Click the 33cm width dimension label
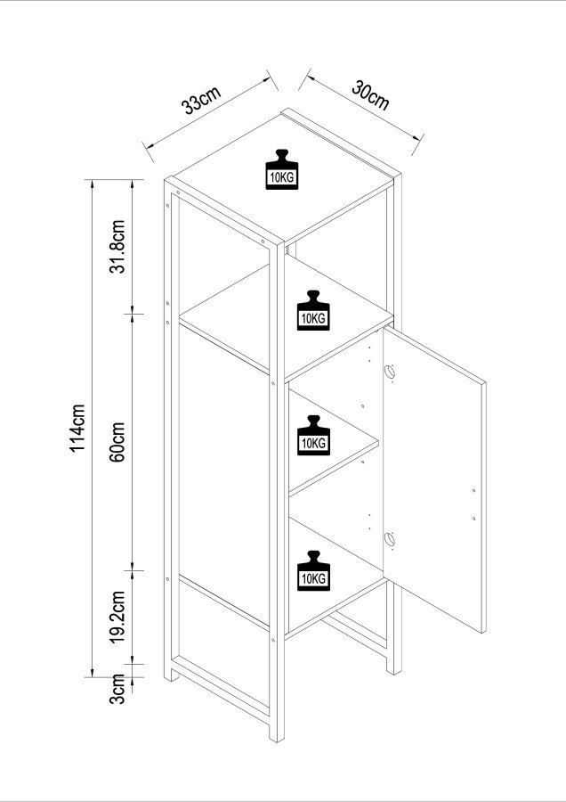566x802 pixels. click(x=201, y=101)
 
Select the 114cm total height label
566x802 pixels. click(x=78, y=427)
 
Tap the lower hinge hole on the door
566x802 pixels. click(x=389, y=538)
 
